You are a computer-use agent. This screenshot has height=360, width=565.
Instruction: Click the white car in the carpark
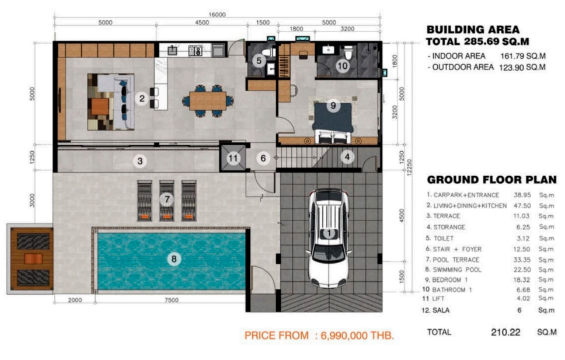tap(328, 238)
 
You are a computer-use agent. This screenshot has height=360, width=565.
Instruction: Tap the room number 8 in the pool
tap(174, 258)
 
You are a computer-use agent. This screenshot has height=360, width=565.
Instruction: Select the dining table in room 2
tap(208, 101)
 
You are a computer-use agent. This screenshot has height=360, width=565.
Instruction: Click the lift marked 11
tap(233, 158)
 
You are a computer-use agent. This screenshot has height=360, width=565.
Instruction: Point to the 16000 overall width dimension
tap(217, 15)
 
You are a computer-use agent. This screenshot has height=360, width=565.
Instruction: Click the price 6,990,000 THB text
tap(357, 335)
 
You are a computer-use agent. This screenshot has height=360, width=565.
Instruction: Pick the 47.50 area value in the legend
tap(522, 205)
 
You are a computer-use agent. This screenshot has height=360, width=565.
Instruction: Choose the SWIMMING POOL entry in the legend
tap(457, 270)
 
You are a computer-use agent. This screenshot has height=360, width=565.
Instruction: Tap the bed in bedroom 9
tap(333, 122)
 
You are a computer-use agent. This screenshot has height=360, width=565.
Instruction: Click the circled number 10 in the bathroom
tap(342, 66)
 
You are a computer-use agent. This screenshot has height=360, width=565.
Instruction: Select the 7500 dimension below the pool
tap(171, 300)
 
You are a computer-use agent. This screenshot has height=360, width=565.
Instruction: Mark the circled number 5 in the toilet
tap(259, 61)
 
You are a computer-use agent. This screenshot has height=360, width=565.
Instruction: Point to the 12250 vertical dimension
tap(409, 167)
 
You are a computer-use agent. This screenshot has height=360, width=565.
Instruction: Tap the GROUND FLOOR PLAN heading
tap(492, 180)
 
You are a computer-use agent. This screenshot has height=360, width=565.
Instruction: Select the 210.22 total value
tap(505, 332)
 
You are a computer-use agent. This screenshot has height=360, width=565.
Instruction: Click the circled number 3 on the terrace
tap(140, 160)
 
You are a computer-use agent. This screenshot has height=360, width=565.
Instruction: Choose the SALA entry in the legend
tap(440, 310)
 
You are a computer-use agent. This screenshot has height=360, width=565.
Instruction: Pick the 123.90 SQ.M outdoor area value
tap(522, 67)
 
